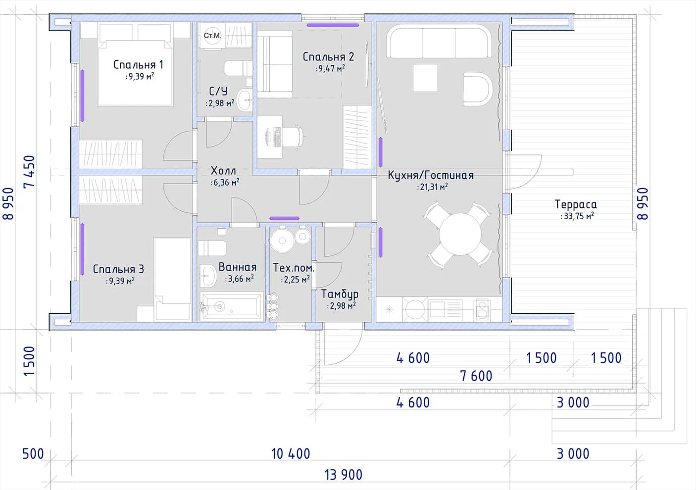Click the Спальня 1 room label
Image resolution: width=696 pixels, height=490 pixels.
pos(138,65)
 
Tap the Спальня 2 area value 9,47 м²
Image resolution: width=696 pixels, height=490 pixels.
pos(330,68)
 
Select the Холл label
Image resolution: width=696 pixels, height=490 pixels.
pos(223,171)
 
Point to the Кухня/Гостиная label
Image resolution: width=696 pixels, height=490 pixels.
pos(431,175)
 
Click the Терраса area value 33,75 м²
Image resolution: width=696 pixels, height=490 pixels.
pos(577,216)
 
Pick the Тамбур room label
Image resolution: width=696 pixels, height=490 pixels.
pos(340,294)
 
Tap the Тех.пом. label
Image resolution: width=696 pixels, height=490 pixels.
pos(294,268)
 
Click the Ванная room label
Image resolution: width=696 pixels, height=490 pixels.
pos(238,267)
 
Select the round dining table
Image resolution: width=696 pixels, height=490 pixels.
pos(460,234)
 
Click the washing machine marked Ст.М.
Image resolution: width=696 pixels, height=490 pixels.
pos(212,36)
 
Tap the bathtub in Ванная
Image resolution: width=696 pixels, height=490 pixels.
pos(232,306)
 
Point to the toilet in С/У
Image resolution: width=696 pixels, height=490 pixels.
pos(238,68)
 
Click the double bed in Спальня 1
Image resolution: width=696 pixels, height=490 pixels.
pos(135,73)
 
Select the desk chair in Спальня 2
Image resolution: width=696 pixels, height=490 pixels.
pos(294,136)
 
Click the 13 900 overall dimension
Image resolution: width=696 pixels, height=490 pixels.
pos(344,475)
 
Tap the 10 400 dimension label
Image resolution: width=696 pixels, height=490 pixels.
pos(291,454)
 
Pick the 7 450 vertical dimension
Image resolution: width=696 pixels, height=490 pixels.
pos(30,172)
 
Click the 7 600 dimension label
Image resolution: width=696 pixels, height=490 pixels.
pos(476,376)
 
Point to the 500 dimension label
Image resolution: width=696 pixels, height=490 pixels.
pos(33,454)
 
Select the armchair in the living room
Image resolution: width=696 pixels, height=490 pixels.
pos(477,89)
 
